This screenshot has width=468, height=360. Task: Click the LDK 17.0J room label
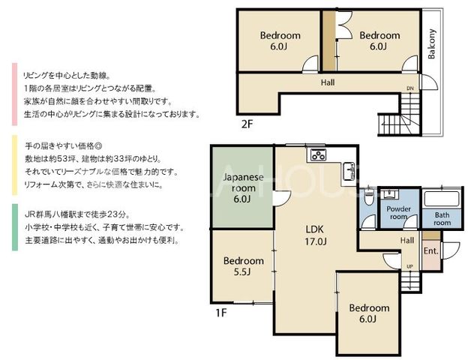[315, 235]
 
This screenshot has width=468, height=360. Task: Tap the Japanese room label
[244, 188]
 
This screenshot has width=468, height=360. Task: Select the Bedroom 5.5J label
[244, 266]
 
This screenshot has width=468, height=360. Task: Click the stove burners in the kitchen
[318, 155]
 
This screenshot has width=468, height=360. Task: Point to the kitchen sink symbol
[348, 171]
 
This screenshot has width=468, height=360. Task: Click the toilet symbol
[369, 196]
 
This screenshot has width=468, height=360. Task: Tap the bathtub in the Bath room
[441, 199]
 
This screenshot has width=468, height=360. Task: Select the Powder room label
[398, 213]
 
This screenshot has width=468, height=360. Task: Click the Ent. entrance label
[431, 250]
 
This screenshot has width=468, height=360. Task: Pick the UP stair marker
[409, 266]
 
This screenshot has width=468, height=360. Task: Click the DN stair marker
[410, 88]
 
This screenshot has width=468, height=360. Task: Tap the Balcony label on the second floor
[431, 44]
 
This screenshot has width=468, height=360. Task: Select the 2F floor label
[247, 124]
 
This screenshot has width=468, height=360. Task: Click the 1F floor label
[221, 313]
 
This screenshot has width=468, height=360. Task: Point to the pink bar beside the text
[15, 94]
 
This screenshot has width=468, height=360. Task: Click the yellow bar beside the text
[15, 165]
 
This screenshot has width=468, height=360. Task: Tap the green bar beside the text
[15, 227]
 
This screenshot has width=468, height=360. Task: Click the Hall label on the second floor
[328, 82]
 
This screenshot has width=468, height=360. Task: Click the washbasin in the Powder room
[390, 194]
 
